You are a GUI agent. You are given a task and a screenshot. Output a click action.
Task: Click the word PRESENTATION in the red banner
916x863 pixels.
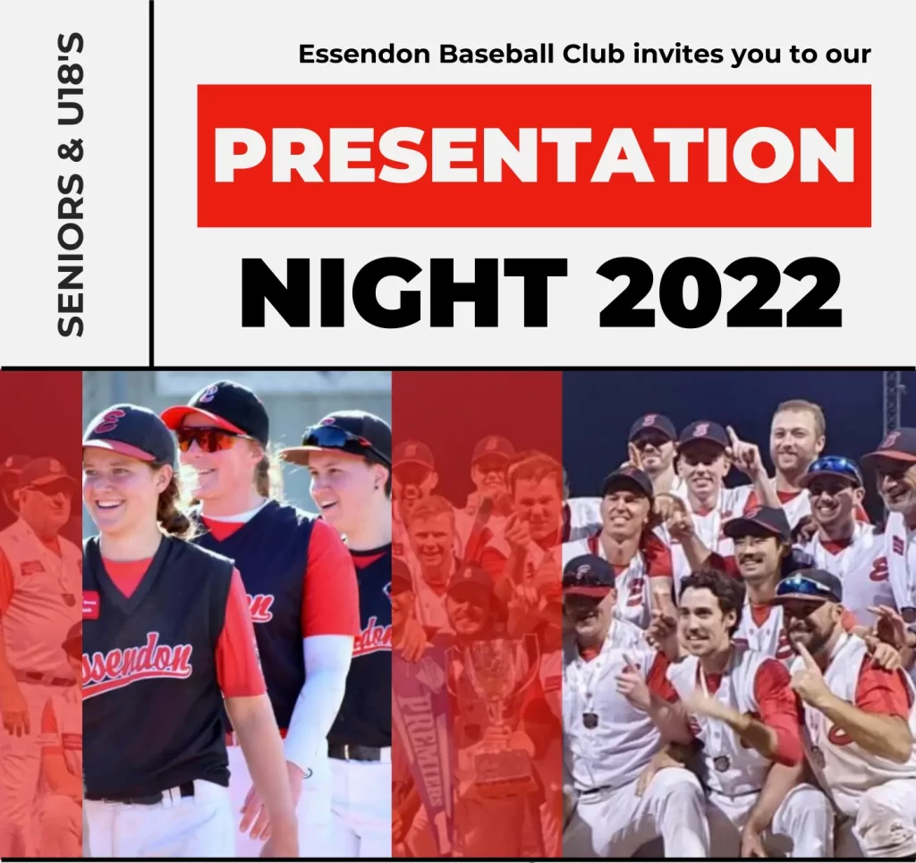pyautogui.click(x=534, y=156)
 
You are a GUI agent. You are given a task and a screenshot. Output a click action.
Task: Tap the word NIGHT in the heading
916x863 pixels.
pyautogui.click(x=403, y=293)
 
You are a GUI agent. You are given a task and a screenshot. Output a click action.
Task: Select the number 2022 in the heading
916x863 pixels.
pyautogui.click(x=720, y=293)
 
